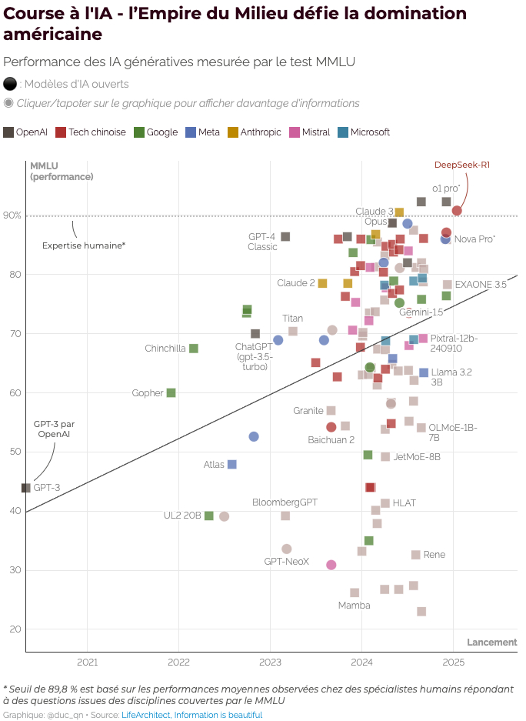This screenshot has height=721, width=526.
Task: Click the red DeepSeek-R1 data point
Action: point(457,211)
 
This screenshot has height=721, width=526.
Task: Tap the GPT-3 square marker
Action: point(26,488)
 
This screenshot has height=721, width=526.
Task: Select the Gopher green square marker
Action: point(171,392)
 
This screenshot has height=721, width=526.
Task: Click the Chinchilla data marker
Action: point(194,349)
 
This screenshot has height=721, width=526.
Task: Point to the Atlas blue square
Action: point(232,464)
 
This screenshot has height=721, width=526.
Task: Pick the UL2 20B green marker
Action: point(208,516)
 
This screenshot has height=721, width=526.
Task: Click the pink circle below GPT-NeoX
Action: point(331,565)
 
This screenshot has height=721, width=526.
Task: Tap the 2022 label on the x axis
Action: point(178,662)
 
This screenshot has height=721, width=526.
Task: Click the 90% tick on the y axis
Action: point(12,215)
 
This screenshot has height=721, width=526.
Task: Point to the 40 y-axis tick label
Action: point(15,511)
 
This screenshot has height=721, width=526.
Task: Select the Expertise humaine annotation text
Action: point(84,245)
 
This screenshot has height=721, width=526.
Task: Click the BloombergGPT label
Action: point(285,502)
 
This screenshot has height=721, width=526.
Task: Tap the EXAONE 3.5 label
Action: point(481,284)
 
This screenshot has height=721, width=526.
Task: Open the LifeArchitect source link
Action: point(146,715)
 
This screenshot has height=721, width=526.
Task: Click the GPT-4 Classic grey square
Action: point(285,236)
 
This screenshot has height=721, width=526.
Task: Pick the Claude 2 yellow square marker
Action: point(322,283)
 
